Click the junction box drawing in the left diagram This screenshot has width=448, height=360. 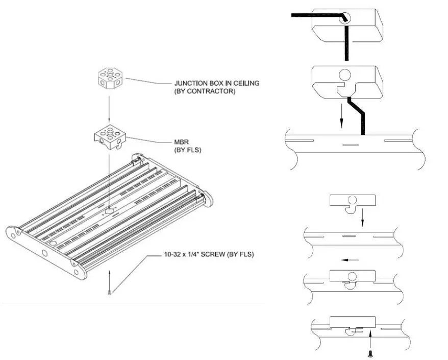(x=111, y=79)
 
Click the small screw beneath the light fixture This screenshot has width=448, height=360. (x=109, y=292)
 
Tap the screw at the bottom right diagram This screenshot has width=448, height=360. (x=369, y=352)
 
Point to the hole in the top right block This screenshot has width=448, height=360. (x=345, y=17)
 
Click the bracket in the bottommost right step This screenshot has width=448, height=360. (x=353, y=323)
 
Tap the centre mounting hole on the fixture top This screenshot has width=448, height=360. (x=109, y=209)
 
